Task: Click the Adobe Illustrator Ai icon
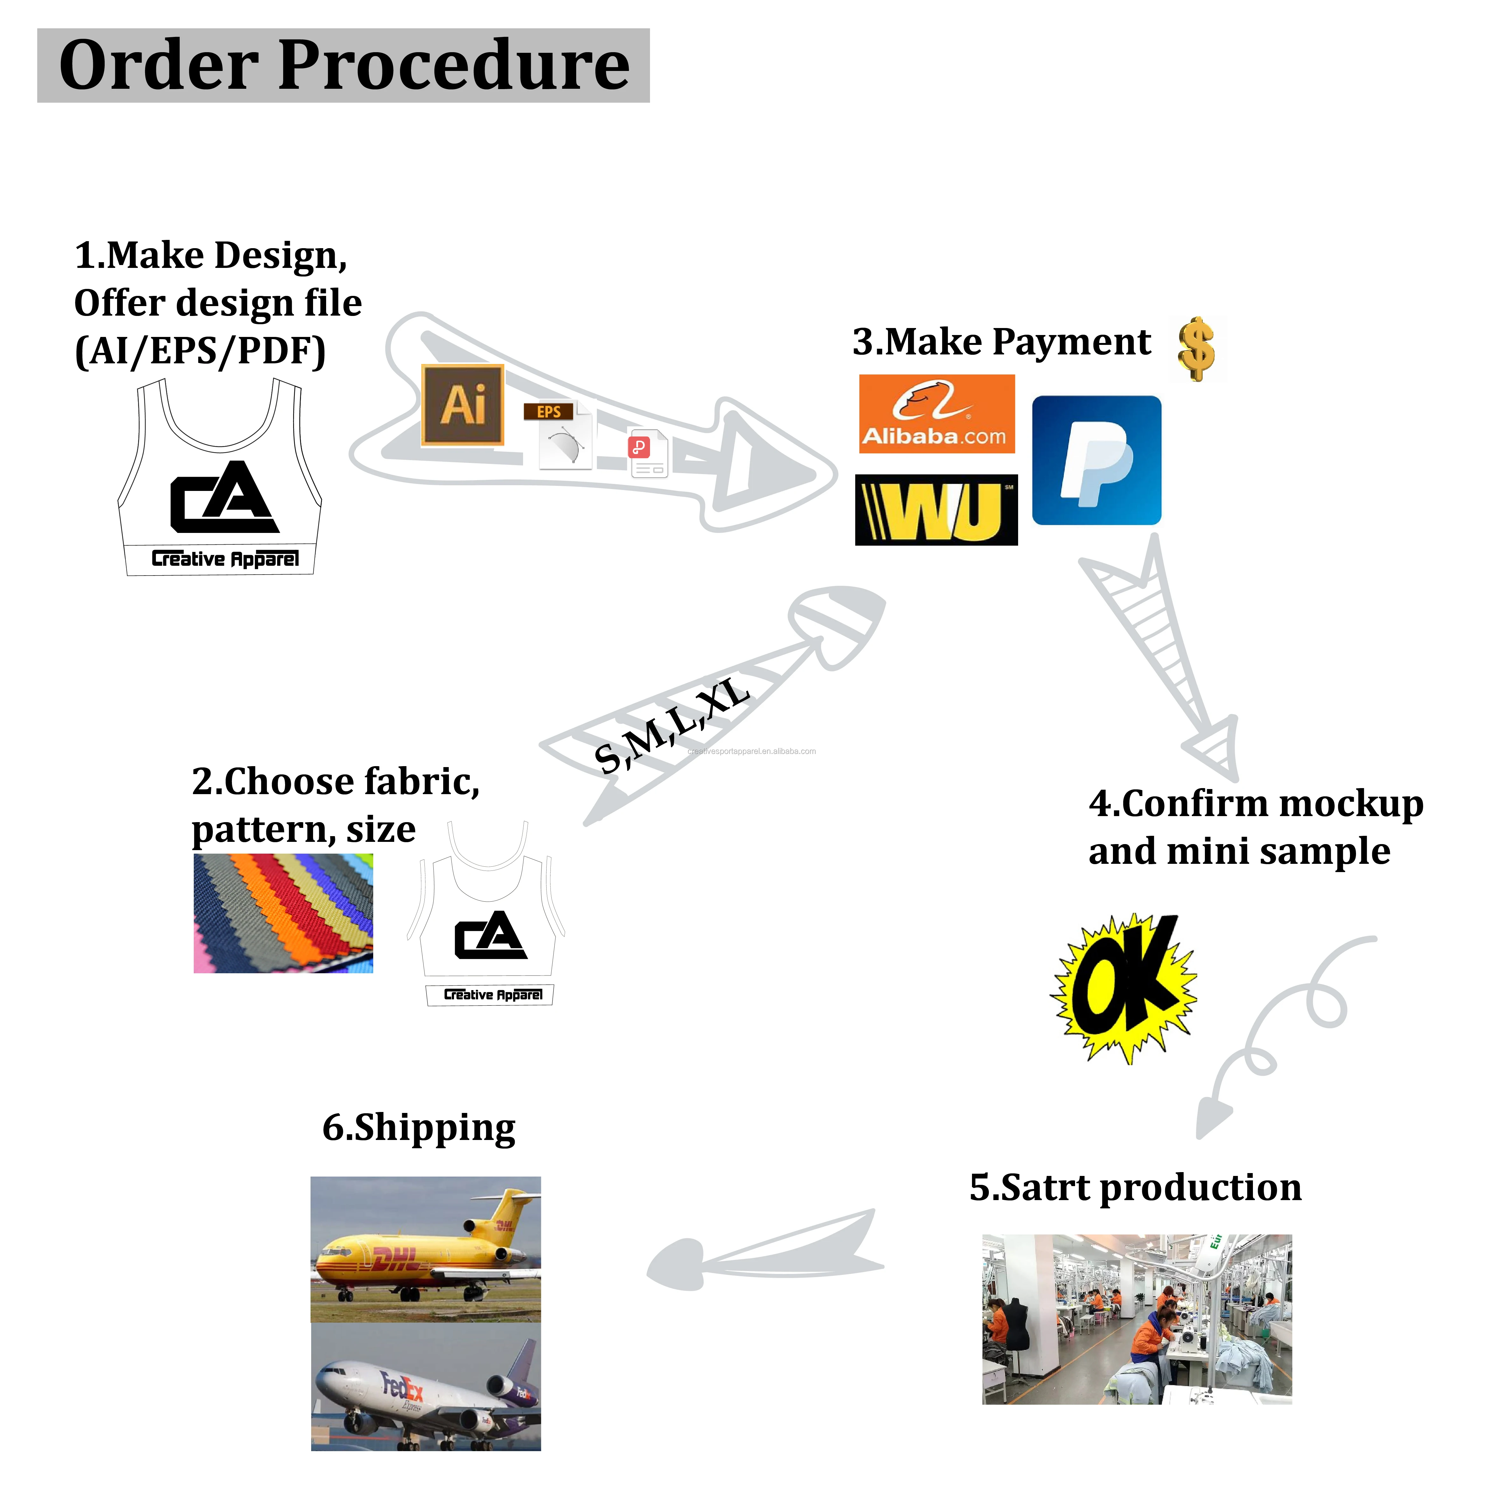[463, 404]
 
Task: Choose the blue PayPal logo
[1096, 461]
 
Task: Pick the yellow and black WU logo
[936, 510]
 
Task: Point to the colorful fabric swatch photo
[283, 913]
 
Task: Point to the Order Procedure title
[343, 65]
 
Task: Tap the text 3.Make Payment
[1001, 341]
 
